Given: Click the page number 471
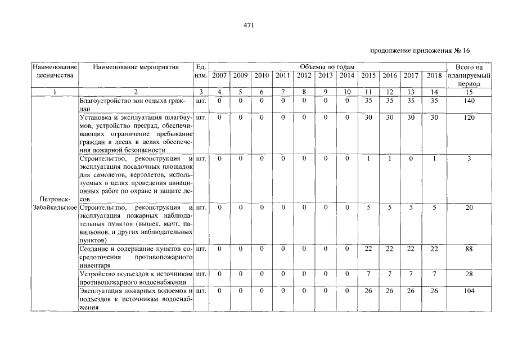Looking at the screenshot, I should (x=249, y=25).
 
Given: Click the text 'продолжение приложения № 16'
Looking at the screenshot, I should (x=420, y=51).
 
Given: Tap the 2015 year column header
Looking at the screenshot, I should (x=368, y=75).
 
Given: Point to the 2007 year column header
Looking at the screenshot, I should (x=220, y=75).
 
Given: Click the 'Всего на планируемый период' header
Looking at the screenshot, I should (x=469, y=75).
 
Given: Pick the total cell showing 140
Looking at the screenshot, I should (x=469, y=101).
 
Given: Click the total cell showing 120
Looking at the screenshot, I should (x=469, y=118).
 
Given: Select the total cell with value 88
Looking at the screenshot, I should (x=469, y=249).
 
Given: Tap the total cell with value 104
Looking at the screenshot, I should (x=469, y=291).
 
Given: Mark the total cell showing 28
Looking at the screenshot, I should (x=469, y=273).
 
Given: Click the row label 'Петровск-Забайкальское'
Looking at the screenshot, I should (x=55, y=204).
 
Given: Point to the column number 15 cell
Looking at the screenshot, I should (x=469, y=92).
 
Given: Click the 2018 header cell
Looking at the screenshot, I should (x=434, y=75).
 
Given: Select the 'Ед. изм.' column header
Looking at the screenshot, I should (x=201, y=71).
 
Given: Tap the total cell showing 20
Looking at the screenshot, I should (x=469, y=207).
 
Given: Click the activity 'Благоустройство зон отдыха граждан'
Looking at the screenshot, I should (x=136, y=104).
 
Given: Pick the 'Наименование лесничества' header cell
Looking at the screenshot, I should (x=55, y=71).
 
